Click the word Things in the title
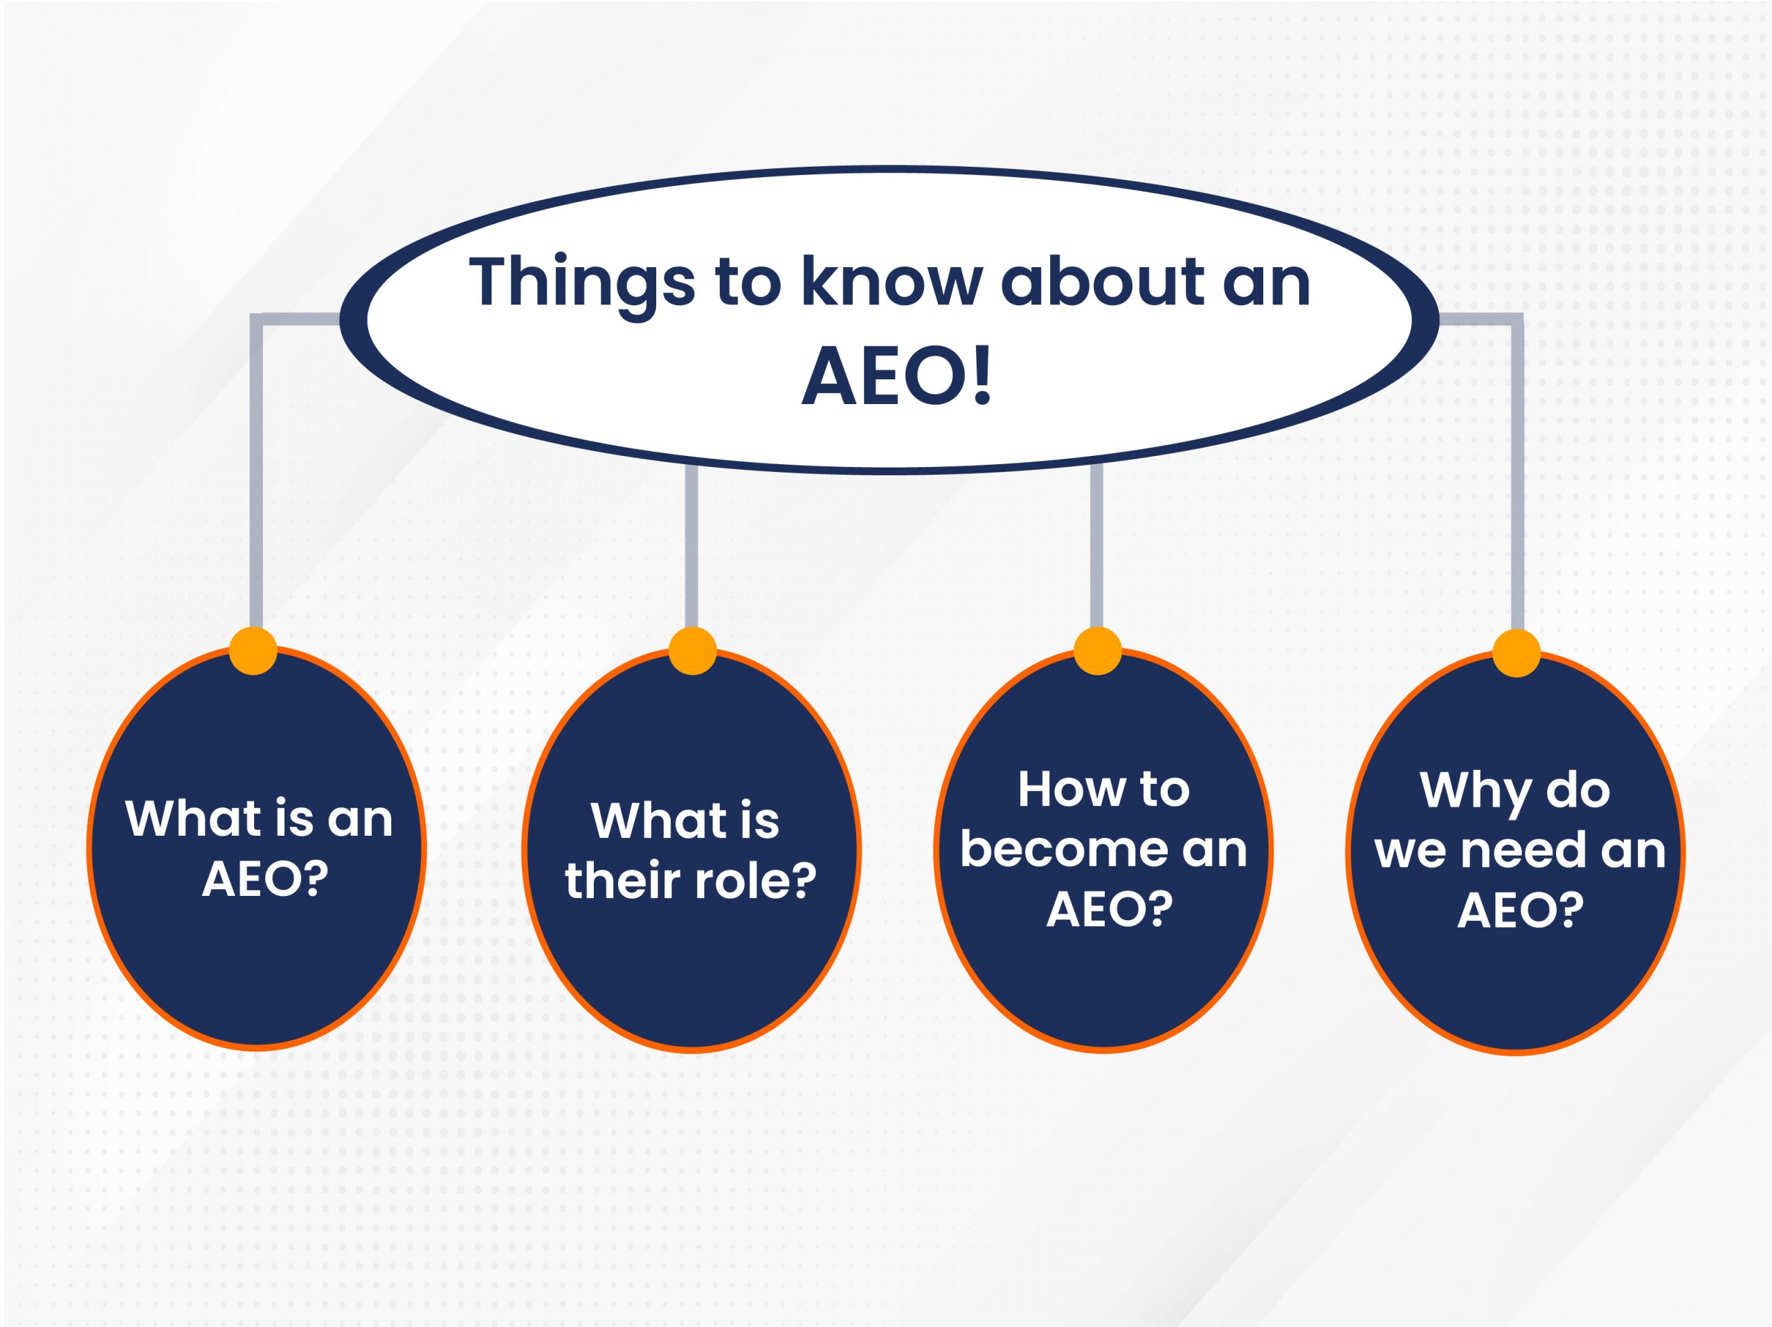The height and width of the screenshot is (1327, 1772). (582, 284)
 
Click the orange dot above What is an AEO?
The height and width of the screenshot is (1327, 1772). (253, 650)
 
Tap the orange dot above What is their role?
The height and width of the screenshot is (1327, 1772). (692, 650)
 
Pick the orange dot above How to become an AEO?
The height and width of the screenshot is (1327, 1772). (1098, 650)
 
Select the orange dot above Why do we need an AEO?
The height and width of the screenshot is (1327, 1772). (1517, 652)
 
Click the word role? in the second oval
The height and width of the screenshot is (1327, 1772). (754, 881)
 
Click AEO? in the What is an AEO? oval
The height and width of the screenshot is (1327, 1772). (264, 880)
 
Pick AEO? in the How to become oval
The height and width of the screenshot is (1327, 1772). (1110, 910)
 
